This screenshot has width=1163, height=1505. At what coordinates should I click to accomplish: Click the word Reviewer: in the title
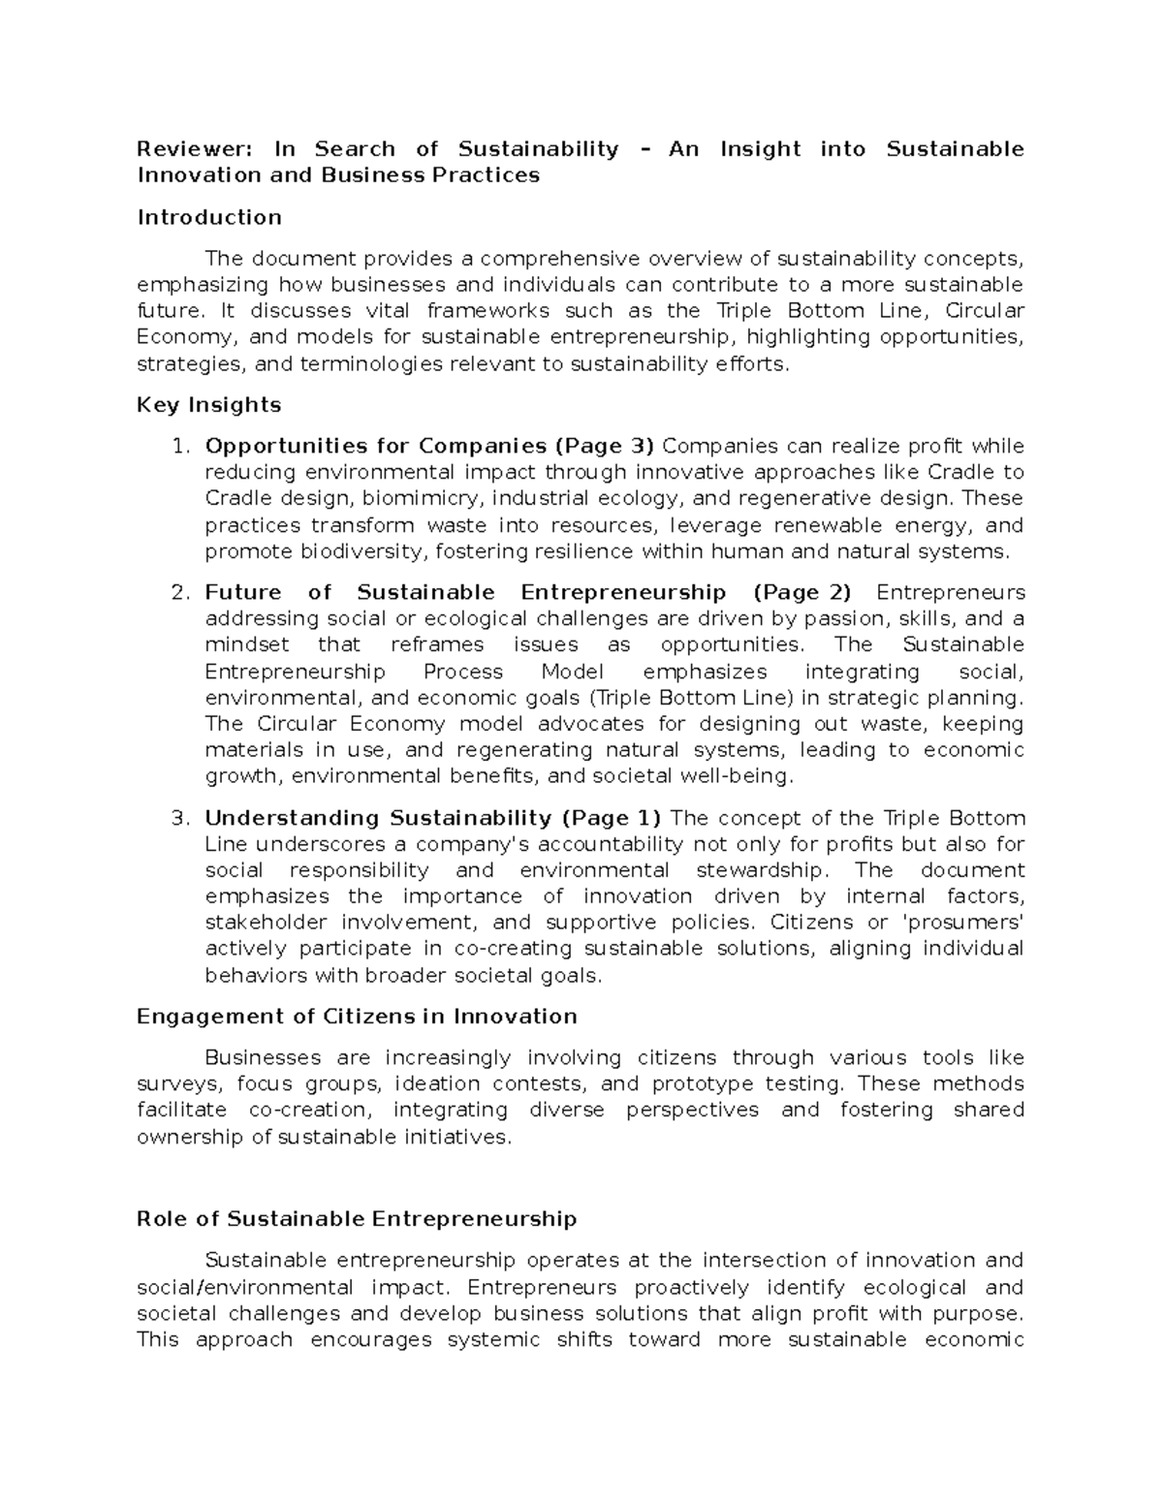194,149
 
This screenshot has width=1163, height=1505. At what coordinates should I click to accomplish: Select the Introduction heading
209,217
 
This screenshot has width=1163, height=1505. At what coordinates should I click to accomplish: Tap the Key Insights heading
209,405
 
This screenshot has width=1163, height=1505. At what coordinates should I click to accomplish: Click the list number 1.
177,447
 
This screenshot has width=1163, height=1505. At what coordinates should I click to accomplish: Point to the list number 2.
177,593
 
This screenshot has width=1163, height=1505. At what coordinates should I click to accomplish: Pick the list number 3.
177,818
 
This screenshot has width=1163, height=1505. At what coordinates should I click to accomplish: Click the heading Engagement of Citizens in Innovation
357,1017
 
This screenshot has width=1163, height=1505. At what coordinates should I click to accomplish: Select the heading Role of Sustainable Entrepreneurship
357,1219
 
